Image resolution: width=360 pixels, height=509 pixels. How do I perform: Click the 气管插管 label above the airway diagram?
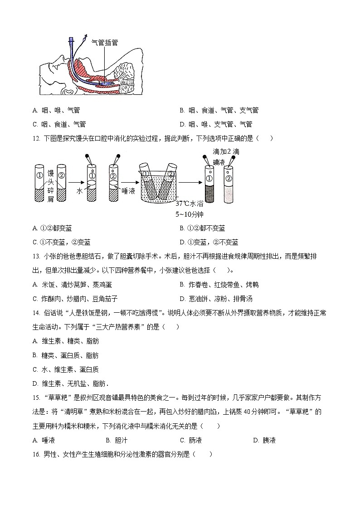[x=105, y=42]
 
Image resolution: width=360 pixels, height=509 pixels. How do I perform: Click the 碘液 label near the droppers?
[x=219, y=162]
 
